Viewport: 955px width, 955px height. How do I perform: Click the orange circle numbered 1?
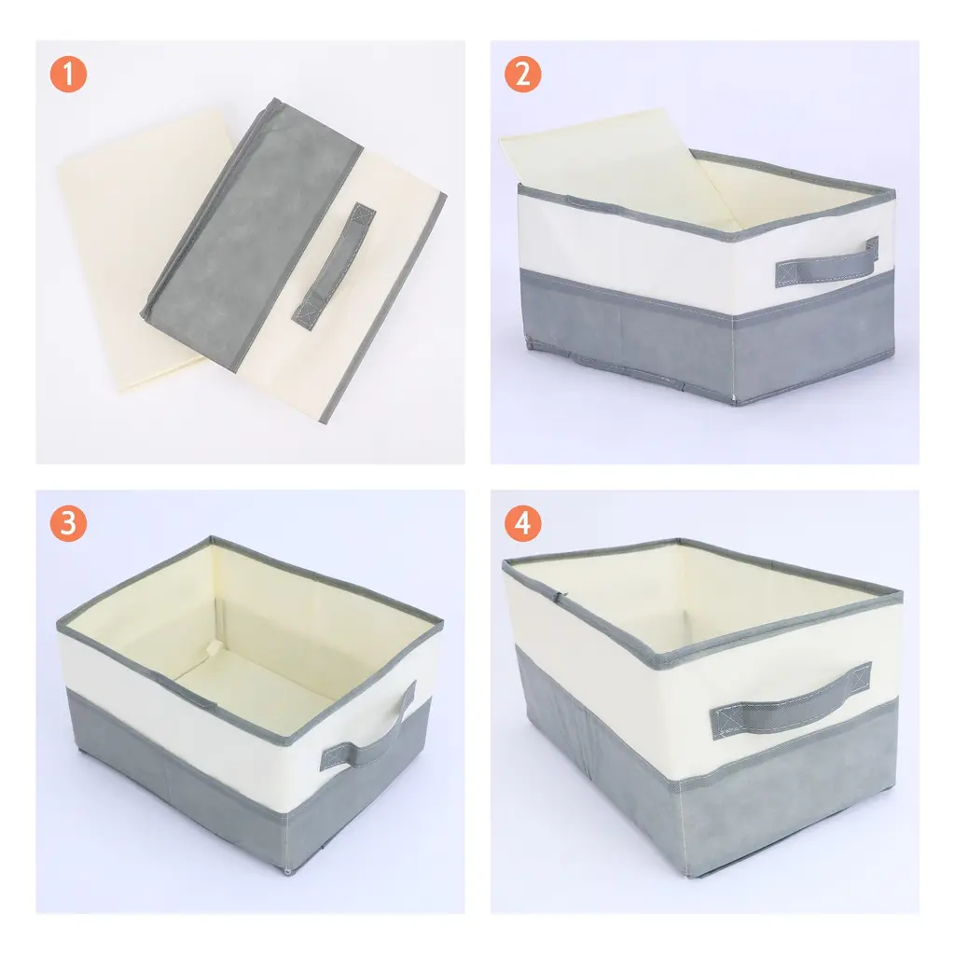point(68,75)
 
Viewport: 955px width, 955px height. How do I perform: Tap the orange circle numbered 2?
point(522,75)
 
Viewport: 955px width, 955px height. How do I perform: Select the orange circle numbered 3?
point(68,523)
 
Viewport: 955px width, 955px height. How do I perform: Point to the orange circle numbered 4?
point(522,523)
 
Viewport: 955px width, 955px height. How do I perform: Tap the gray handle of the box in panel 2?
point(827,263)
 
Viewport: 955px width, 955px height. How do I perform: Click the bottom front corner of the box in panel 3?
point(287,872)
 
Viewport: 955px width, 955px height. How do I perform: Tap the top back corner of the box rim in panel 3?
point(212,539)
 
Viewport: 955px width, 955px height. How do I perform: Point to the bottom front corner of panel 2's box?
point(735,403)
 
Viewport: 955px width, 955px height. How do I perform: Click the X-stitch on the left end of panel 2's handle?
point(786,273)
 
